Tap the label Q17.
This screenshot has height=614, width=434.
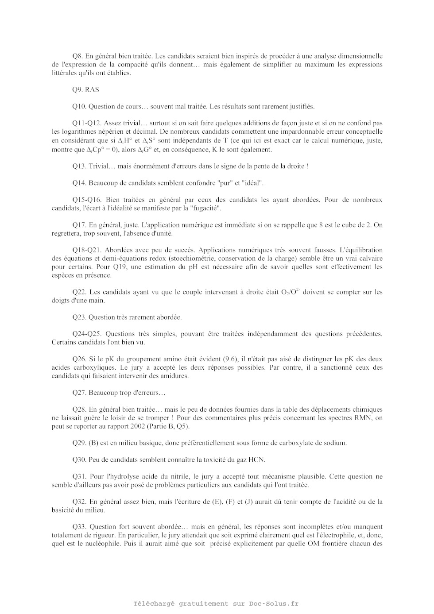pyautogui.click(x=79, y=225)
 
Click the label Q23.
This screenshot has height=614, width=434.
pyautogui.click(x=79, y=317)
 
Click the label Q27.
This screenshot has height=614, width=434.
pyautogui.click(x=79, y=393)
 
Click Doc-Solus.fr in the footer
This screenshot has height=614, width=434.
pyautogui.click(x=274, y=603)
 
